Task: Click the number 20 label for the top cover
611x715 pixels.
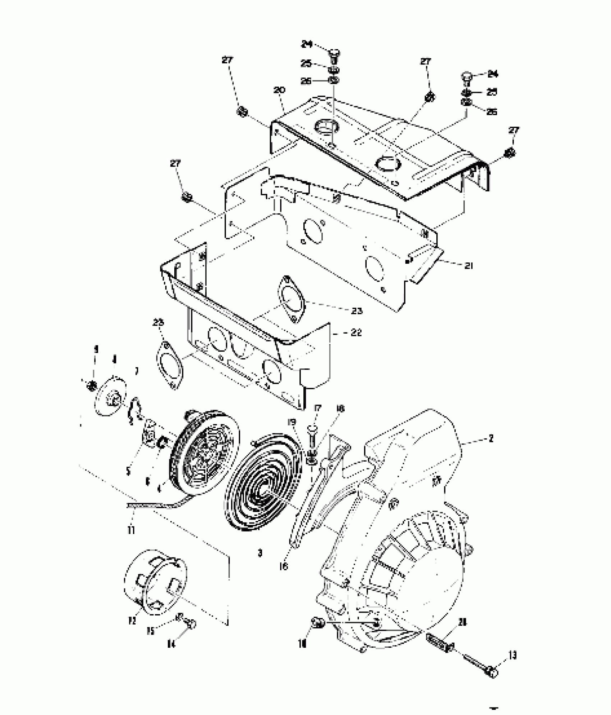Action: pos(279,90)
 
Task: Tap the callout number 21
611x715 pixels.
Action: pos(468,266)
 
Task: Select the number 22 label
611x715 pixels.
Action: pos(356,332)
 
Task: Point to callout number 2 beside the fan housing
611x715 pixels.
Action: pos(491,438)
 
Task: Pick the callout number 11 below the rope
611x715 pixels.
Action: pos(131,530)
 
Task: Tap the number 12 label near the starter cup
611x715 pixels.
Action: pos(132,620)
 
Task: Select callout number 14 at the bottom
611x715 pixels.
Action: pos(171,644)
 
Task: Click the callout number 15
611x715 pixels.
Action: pos(150,630)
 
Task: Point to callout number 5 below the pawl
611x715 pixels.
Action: pos(129,471)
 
